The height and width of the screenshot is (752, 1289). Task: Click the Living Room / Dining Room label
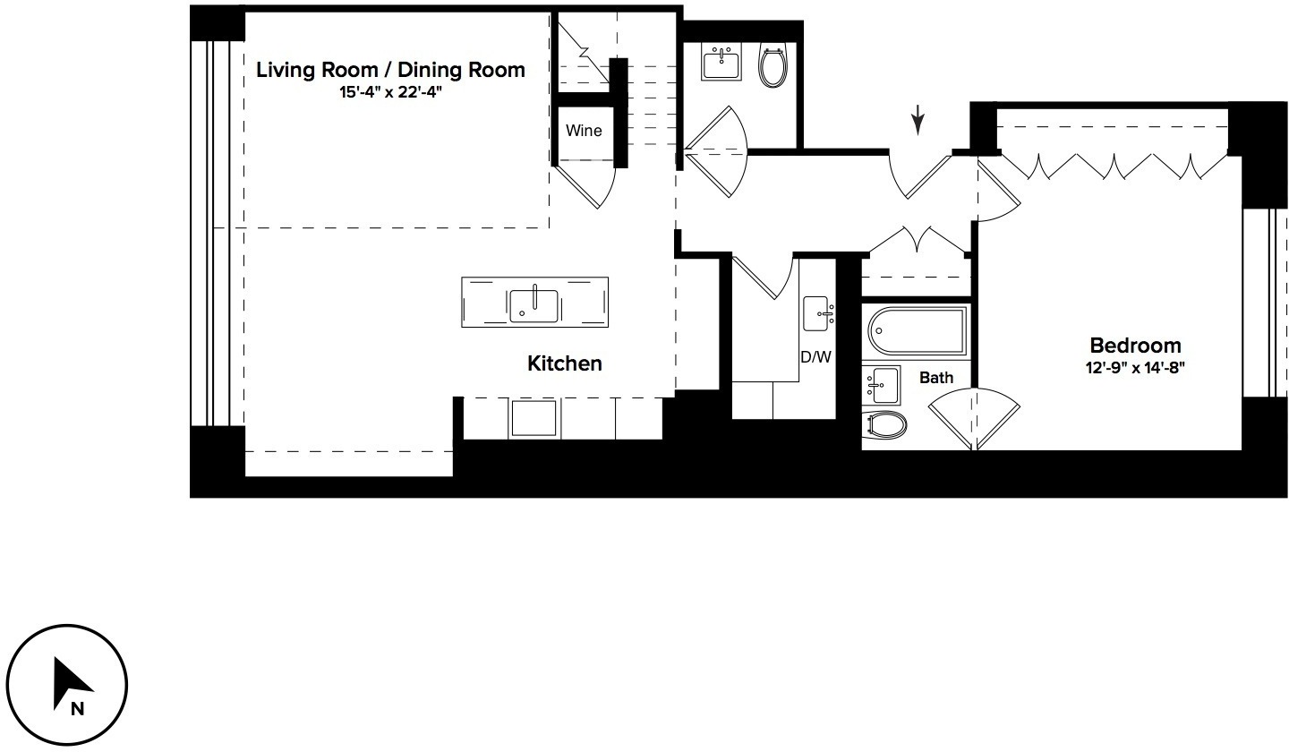pyautogui.click(x=390, y=70)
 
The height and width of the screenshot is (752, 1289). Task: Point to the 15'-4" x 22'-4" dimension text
pyautogui.click(x=390, y=92)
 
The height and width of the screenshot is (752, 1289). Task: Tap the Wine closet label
pyautogui.click(x=583, y=131)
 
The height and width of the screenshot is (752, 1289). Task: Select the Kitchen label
pyautogui.click(x=564, y=363)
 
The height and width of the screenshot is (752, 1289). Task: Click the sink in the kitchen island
pyautogui.click(x=534, y=304)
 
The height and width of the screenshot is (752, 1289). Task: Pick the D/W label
pyautogui.click(x=815, y=357)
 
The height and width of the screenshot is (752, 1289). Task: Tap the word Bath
pyautogui.click(x=936, y=378)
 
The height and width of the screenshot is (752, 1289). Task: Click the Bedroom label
pyautogui.click(x=1134, y=346)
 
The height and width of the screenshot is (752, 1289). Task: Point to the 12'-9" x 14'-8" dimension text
pyautogui.click(x=1134, y=367)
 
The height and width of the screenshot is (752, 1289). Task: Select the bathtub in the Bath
pyautogui.click(x=915, y=331)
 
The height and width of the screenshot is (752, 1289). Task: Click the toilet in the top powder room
pyautogui.click(x=772, y=65)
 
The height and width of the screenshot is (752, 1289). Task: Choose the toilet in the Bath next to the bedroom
pyautogui.click(x=885, y=423)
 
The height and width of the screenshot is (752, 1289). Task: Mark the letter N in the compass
pyautogui.click(x=78, y=709)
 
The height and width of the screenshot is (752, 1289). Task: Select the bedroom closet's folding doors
pyautogui.click(x=1112, y=165)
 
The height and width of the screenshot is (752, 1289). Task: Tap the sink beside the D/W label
pyautogui.click(x=819, y=312)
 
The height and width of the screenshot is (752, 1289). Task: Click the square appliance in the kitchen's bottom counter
pyautogui.click(x=534, y=418)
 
